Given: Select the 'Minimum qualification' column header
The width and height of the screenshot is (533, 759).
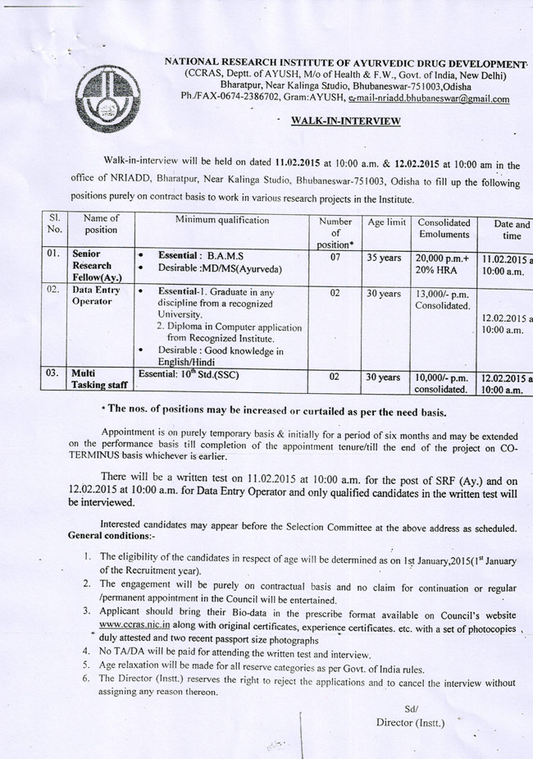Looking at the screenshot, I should click(x=221, y=220).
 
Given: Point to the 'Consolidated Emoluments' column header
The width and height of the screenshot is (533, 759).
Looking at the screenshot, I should click(x=444, y=228).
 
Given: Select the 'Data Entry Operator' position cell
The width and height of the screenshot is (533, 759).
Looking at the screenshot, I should click(x=96, y=296).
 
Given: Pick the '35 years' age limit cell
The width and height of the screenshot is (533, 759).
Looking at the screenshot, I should click(x=384, y=258).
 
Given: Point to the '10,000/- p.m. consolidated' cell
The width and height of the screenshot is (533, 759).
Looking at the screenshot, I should click(x=444, y=383).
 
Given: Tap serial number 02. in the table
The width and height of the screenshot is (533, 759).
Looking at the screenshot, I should click(x=54, y=290).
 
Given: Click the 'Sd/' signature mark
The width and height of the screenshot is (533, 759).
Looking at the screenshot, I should click(x=411, y=709).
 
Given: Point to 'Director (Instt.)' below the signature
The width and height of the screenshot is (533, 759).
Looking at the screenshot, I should click(x=410, y=723).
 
